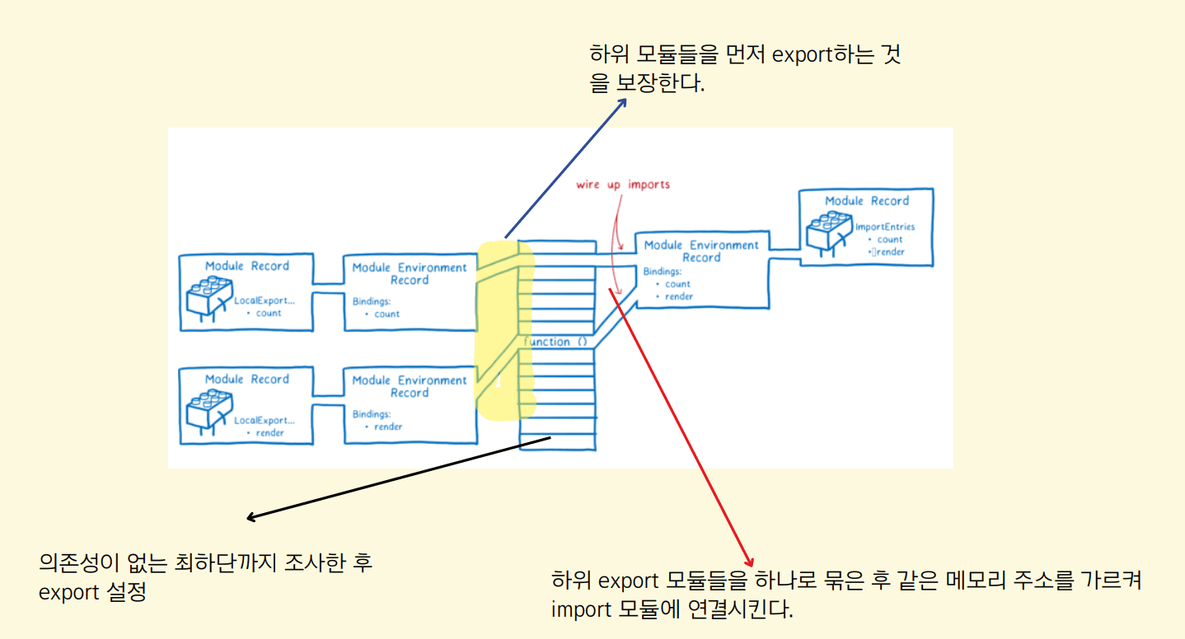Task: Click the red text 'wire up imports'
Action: (623, 184)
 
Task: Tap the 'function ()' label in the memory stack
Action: (558, 342)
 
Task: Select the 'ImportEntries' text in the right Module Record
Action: (885, 226)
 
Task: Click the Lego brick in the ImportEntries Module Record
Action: (829, 230)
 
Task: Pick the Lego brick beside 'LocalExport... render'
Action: (208, 410)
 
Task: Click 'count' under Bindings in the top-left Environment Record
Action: (386, 314)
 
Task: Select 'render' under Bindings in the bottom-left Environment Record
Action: (388, 427)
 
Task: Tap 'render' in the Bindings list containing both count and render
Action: (679, 296)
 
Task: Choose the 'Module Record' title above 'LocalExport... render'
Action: (246, 379)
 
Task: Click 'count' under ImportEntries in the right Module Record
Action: (890, 240)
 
